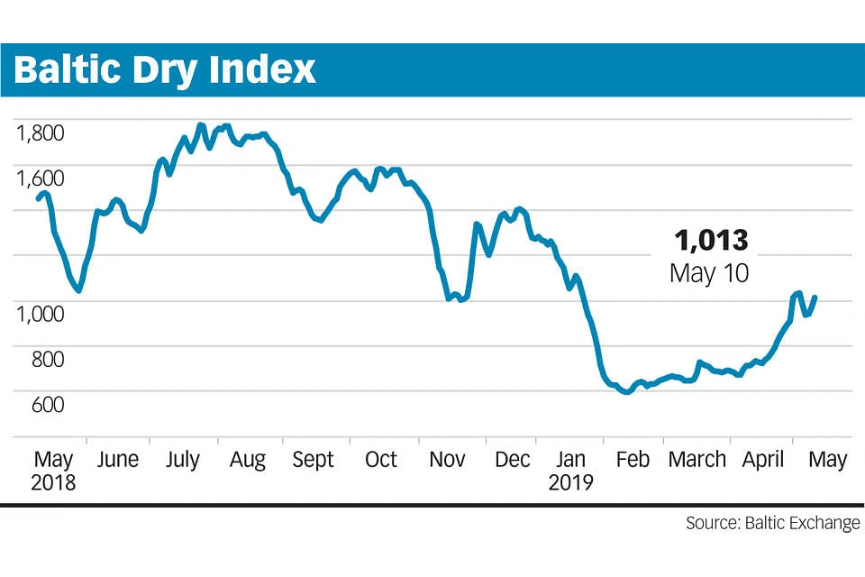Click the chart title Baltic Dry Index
(x=165, y=69)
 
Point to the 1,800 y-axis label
(x=41, y=133)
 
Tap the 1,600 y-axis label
(x=41, y=179)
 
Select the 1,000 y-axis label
(x=41, y=314)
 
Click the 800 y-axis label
(x=46, y=359)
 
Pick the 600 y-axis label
(x=46, y=404)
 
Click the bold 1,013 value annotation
(x=711, y=240)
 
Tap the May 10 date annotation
(x=709, y=273)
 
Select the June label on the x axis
(x=117, y=460)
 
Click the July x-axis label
(x=183, y=460)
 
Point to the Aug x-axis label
(x=248, y=460)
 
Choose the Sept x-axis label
(x=314, y=460)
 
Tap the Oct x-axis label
(x=380, y=460)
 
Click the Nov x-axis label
(x=447, y=460)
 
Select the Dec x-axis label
(x=513, y=460)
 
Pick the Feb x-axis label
(x=632, y=460)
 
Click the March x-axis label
(x=697, y=460)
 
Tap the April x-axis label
(x=763, y=460)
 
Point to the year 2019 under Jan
(x=571, y=482)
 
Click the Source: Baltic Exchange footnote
(x=772, y=524)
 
